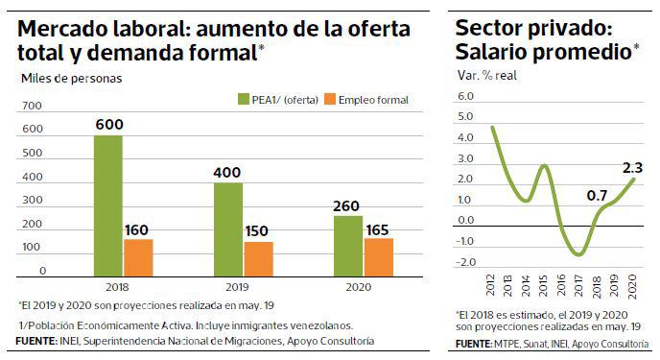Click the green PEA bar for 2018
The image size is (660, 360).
click(x=107, y=205)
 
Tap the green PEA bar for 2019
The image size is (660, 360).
click(x=227, y=228)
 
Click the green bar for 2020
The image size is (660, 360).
click(x=346, y=245)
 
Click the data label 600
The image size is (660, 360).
click(x=107, y=124)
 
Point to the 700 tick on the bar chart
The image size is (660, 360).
click(x=31, y=106)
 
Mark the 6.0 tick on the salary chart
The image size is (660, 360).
click(x=466, y=97)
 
